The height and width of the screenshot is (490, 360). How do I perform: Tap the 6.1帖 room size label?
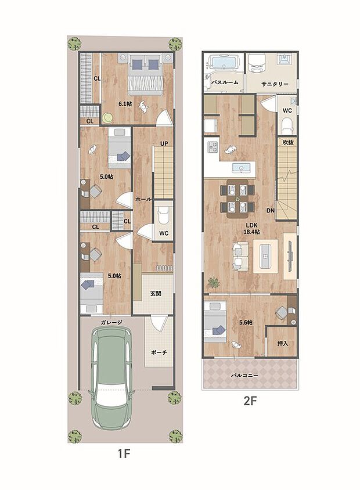124,104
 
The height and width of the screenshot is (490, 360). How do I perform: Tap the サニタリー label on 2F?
275,84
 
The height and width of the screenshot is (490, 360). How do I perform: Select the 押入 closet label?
283,344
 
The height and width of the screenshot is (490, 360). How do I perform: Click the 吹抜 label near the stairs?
287,142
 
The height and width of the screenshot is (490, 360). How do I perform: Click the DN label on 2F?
270,210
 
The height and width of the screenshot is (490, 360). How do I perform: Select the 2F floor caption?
250,401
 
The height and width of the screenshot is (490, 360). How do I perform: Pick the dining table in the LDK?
237,197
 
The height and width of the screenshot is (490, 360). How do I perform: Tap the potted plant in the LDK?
214,283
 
